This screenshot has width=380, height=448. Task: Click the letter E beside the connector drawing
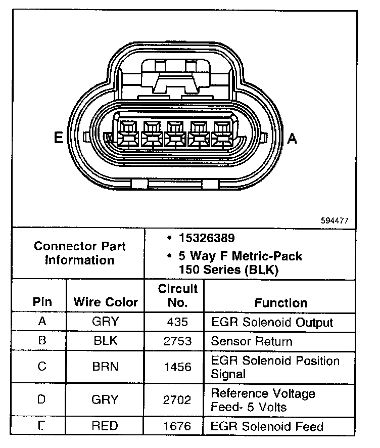[59, 138]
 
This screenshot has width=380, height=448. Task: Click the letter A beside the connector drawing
[292, 138]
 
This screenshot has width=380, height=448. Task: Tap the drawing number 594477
[335, 221]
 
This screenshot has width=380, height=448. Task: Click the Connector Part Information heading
[80, 253]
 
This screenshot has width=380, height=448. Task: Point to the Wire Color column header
[106, 302]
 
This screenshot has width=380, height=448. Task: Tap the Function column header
[280, 303]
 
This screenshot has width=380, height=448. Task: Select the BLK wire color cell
[105, 341]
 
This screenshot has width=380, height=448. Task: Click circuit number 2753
[177, 341]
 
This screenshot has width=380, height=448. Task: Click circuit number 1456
[177, 367]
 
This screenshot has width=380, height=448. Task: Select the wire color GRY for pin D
[105, 400]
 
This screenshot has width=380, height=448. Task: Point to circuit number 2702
[177, 400]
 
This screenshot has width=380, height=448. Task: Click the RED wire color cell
[105, 426]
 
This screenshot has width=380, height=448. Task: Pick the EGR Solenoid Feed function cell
[267, 426]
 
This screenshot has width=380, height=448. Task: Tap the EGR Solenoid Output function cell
[272, 323]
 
